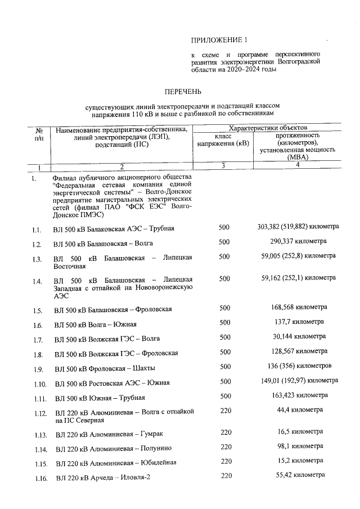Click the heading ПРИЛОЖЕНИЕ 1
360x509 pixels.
click(x=219, y=40)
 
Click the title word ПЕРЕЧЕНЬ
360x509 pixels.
click(x=182, y=91)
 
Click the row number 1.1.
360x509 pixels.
click(x=37, y=230)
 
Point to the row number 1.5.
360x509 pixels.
click(x=37, y=310)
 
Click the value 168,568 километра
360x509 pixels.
click(x=298, y=308)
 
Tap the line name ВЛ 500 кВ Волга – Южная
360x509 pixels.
click(x=96, y=325)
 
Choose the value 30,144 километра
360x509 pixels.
click(x=298, y=336)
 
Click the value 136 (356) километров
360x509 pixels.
click(x=298, y=366)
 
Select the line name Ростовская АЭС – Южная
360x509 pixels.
click(x=112, y=383)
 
